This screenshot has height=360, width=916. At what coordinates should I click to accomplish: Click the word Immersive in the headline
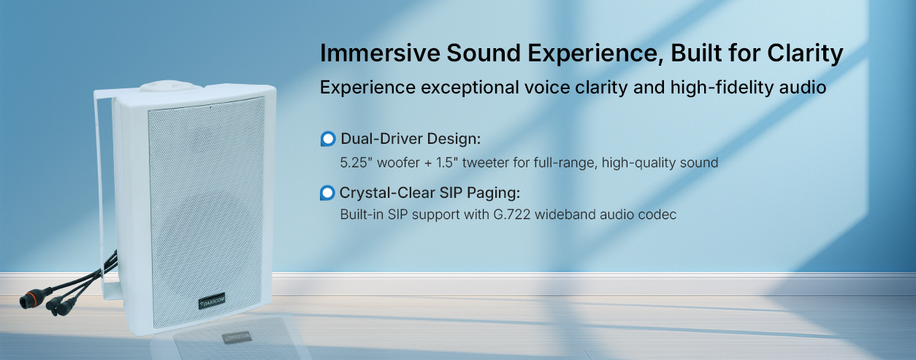380,53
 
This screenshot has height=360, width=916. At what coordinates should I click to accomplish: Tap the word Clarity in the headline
805,54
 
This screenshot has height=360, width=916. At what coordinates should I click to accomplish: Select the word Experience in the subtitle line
367,88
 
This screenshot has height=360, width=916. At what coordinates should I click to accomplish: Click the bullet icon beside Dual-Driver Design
328,139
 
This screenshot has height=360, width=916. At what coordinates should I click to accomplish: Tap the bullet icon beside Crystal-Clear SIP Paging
327,193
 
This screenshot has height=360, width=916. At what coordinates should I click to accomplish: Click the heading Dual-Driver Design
411,139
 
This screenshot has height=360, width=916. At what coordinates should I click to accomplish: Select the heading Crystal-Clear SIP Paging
430,193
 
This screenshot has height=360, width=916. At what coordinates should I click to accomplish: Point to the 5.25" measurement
354,163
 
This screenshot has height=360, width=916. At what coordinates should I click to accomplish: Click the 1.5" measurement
447,163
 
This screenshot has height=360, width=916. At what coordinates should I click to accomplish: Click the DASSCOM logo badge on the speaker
212,301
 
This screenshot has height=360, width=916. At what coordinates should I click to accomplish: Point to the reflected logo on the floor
237,337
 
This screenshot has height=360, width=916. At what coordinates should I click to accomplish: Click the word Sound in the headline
484,53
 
